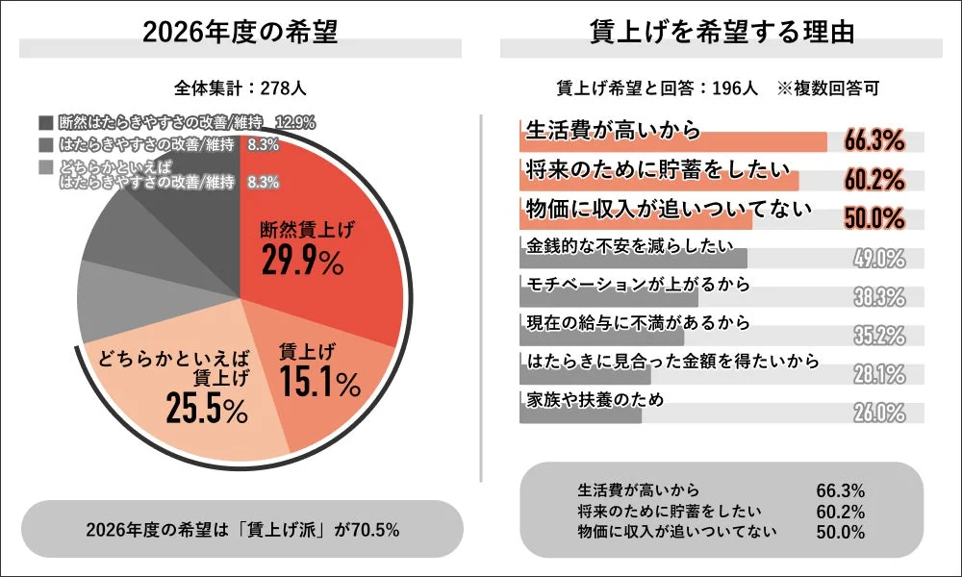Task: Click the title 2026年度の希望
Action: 240,32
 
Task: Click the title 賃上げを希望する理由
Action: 721,32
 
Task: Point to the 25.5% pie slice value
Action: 207,411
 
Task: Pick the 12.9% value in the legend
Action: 295,123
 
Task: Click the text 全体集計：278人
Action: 240,88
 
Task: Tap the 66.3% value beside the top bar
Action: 874,141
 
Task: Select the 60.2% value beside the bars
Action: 874,180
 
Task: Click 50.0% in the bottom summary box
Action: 841,531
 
